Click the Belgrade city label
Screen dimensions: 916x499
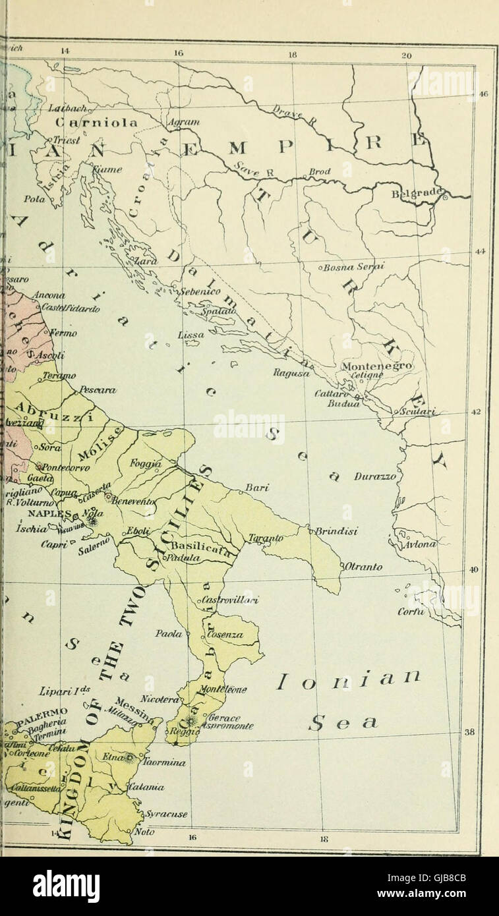(x=419, y=194)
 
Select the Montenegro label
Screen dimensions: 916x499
(x=377, y=366)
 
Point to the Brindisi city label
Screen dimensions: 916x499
(x=336, y=531)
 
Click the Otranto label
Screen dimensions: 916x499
(x=363, y=567)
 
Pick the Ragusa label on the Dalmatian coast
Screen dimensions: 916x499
(x=291, y=373)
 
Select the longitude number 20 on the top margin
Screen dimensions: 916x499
(x=407, y=56)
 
